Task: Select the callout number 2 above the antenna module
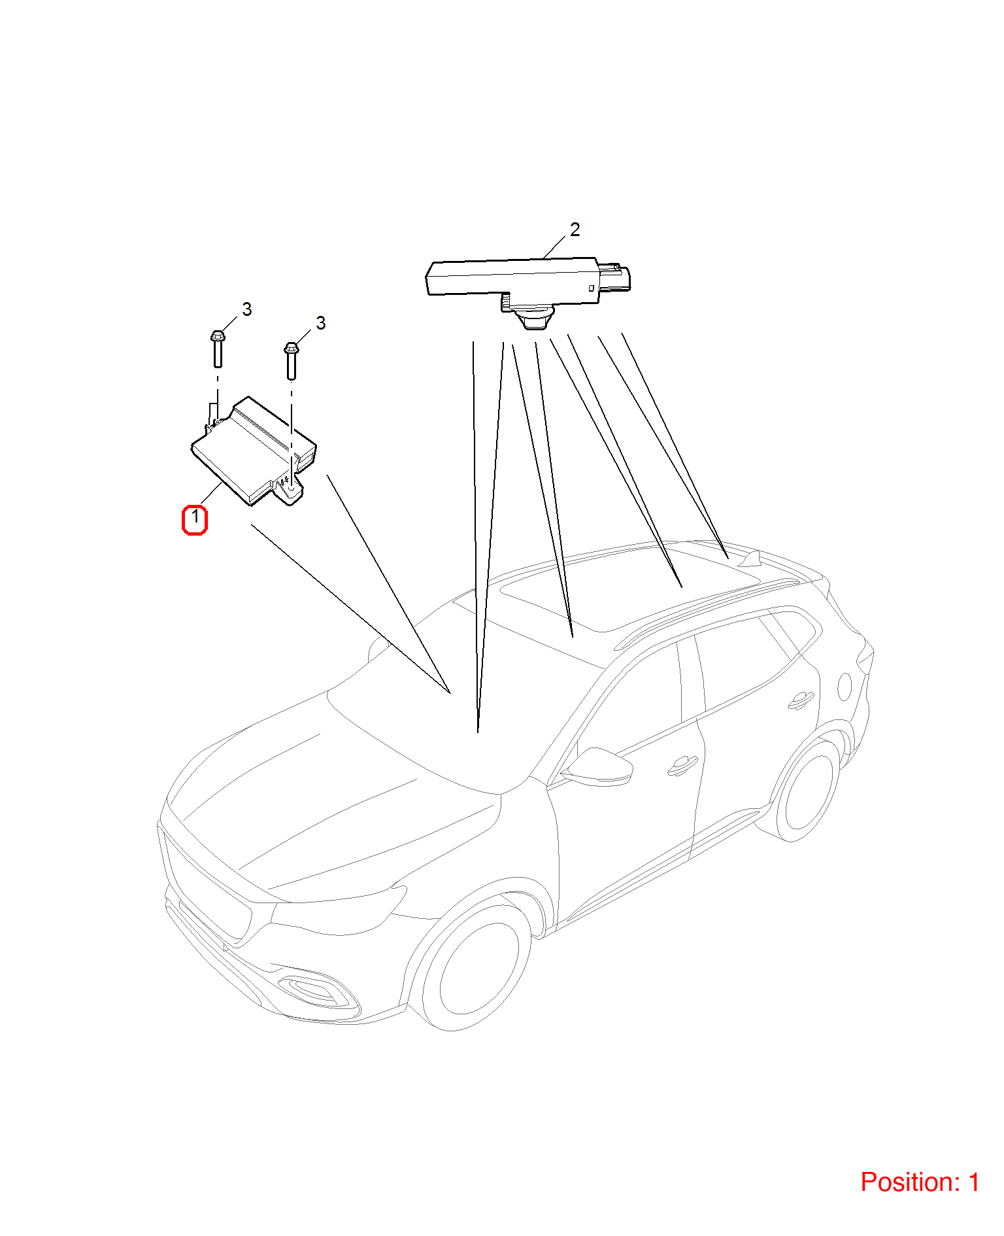(575, 230)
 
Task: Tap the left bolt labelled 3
(218, 349)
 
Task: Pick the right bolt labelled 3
(292, 361)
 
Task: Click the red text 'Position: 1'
(920, 1182)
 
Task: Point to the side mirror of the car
(598, 766)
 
